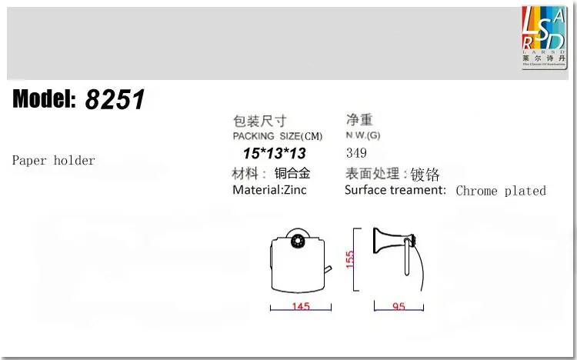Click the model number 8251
[x=115, y=99]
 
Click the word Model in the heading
[x=44, y=99]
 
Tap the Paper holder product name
[x=54, y=161]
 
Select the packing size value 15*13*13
[x=274, y=153]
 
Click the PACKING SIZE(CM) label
[x=278, y=136]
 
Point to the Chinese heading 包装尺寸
[x=259, y=121]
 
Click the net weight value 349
[x=357, y=153]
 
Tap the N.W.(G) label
[x=362, y=136]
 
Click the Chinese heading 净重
[x=359, y=120]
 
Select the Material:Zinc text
[x=269, y=190]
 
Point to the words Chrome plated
[x=501, y=191]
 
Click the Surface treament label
[x=395, y=190]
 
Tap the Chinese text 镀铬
[x=425, y=175]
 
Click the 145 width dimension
[x=300, y=308]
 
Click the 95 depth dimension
[x=399, y=308]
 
